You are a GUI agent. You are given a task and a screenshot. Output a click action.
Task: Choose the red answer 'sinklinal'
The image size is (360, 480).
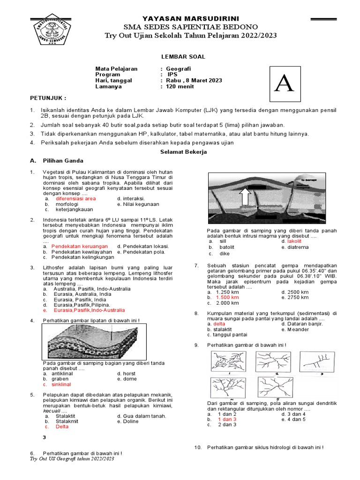click(61, 384)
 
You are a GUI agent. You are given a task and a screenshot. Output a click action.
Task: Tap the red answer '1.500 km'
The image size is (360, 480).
click(227, 297)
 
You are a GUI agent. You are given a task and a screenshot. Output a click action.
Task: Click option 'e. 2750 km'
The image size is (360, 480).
click(295, 297)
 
